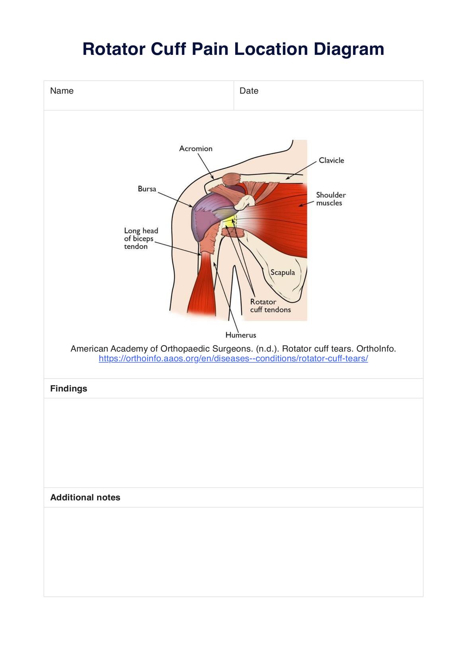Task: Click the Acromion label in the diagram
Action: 196,149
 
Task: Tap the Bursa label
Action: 147,189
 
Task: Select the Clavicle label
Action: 331,161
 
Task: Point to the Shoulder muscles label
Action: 331,199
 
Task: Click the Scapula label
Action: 283,272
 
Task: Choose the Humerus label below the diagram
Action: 241,335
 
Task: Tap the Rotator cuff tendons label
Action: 270,306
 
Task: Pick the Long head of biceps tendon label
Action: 141,239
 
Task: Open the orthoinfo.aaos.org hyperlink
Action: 233,359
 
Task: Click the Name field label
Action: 62,91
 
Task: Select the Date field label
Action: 249,91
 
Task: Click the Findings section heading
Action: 68,388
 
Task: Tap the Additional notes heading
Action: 85,497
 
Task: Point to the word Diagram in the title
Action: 349,49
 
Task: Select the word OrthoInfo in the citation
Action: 376,349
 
